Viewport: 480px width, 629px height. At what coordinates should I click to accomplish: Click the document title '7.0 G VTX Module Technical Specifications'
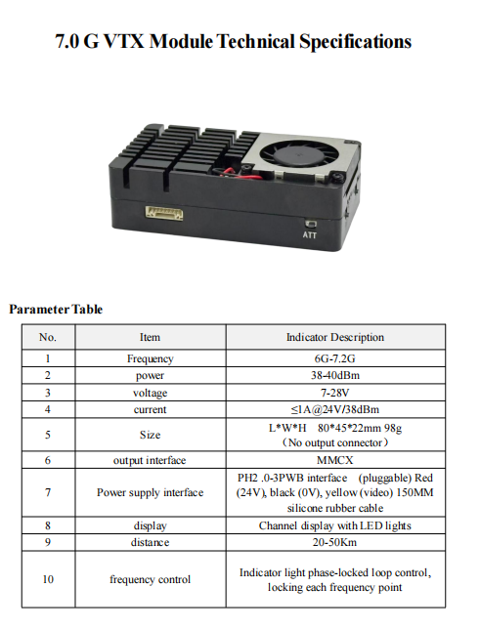pyautogui.click(x=234, y=42)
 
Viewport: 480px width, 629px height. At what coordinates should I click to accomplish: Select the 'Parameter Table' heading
pyautogui.click(x=56, y=309)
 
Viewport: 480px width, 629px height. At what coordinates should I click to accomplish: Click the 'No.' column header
pyautogui.click(x=48, y=337)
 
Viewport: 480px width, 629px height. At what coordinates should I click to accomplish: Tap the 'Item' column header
pyautogui.click(x=150, y=337)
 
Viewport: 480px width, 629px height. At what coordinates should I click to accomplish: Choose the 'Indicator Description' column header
pyautogui.click(x=334, y=337)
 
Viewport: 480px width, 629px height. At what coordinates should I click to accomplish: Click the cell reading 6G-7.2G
pyautogui.click(x=334, y=358)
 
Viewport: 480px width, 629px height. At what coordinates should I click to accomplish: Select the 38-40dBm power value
pyautogui.click(x=334, y=375)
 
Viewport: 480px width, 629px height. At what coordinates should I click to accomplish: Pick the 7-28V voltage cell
pyautogui.click(x=334, y=392)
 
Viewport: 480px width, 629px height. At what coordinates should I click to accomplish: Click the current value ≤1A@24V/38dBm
pyautogui.click(x=334, y=409)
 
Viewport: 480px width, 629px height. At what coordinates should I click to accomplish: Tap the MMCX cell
pyautogui.click(x=334, y=459)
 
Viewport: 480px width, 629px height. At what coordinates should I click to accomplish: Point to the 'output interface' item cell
pyautogui.click(x=150, y=459)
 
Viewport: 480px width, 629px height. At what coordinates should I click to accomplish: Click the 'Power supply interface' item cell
pyautogui.click(x=150, y=492)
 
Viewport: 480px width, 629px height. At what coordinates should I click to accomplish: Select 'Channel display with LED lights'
pyautogui.click(x=334, y=525)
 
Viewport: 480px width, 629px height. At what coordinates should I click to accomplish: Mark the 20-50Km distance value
pyautogui.click(x=334, y=542)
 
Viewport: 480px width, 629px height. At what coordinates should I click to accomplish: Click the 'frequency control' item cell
pyautogui.click(x=150, y=579)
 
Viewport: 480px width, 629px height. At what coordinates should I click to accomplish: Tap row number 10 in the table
pyautogui.click(x=48, y=579)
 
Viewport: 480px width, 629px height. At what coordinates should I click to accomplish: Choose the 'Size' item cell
pyautogui.click(x=150, y=435)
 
